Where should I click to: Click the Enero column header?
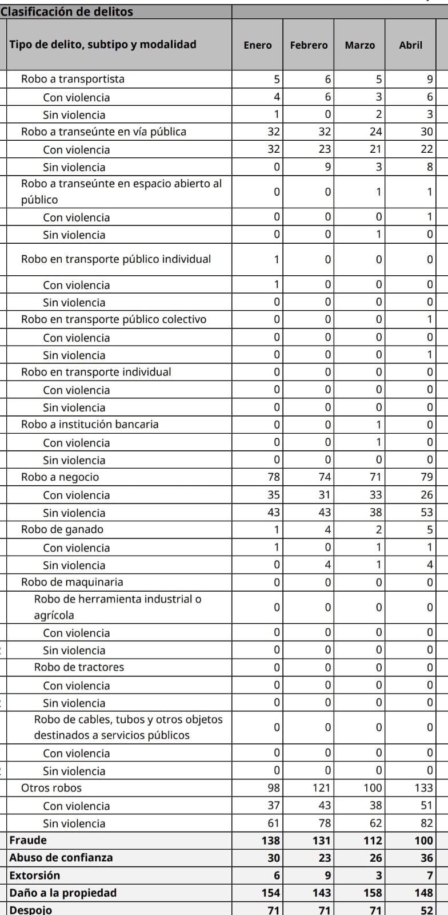(257, 45)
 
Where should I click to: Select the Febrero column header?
(309, 45)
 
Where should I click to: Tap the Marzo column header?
(359, 45)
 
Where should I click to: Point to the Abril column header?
(410, 45)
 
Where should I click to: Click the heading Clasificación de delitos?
(67, 11)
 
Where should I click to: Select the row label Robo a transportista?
(73, 79)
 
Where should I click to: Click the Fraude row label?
(28, 840)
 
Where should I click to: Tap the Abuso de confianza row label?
(61, 857)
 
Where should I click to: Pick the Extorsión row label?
(34, 875)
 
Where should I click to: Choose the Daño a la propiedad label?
(63, 893)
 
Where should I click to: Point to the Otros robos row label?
(51, 788)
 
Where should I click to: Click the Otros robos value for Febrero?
(321, 788)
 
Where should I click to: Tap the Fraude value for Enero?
(271, 840)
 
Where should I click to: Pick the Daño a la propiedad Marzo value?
(373, 893)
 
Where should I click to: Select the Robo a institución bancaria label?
(90, 424)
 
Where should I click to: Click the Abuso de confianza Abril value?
(426, 857)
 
